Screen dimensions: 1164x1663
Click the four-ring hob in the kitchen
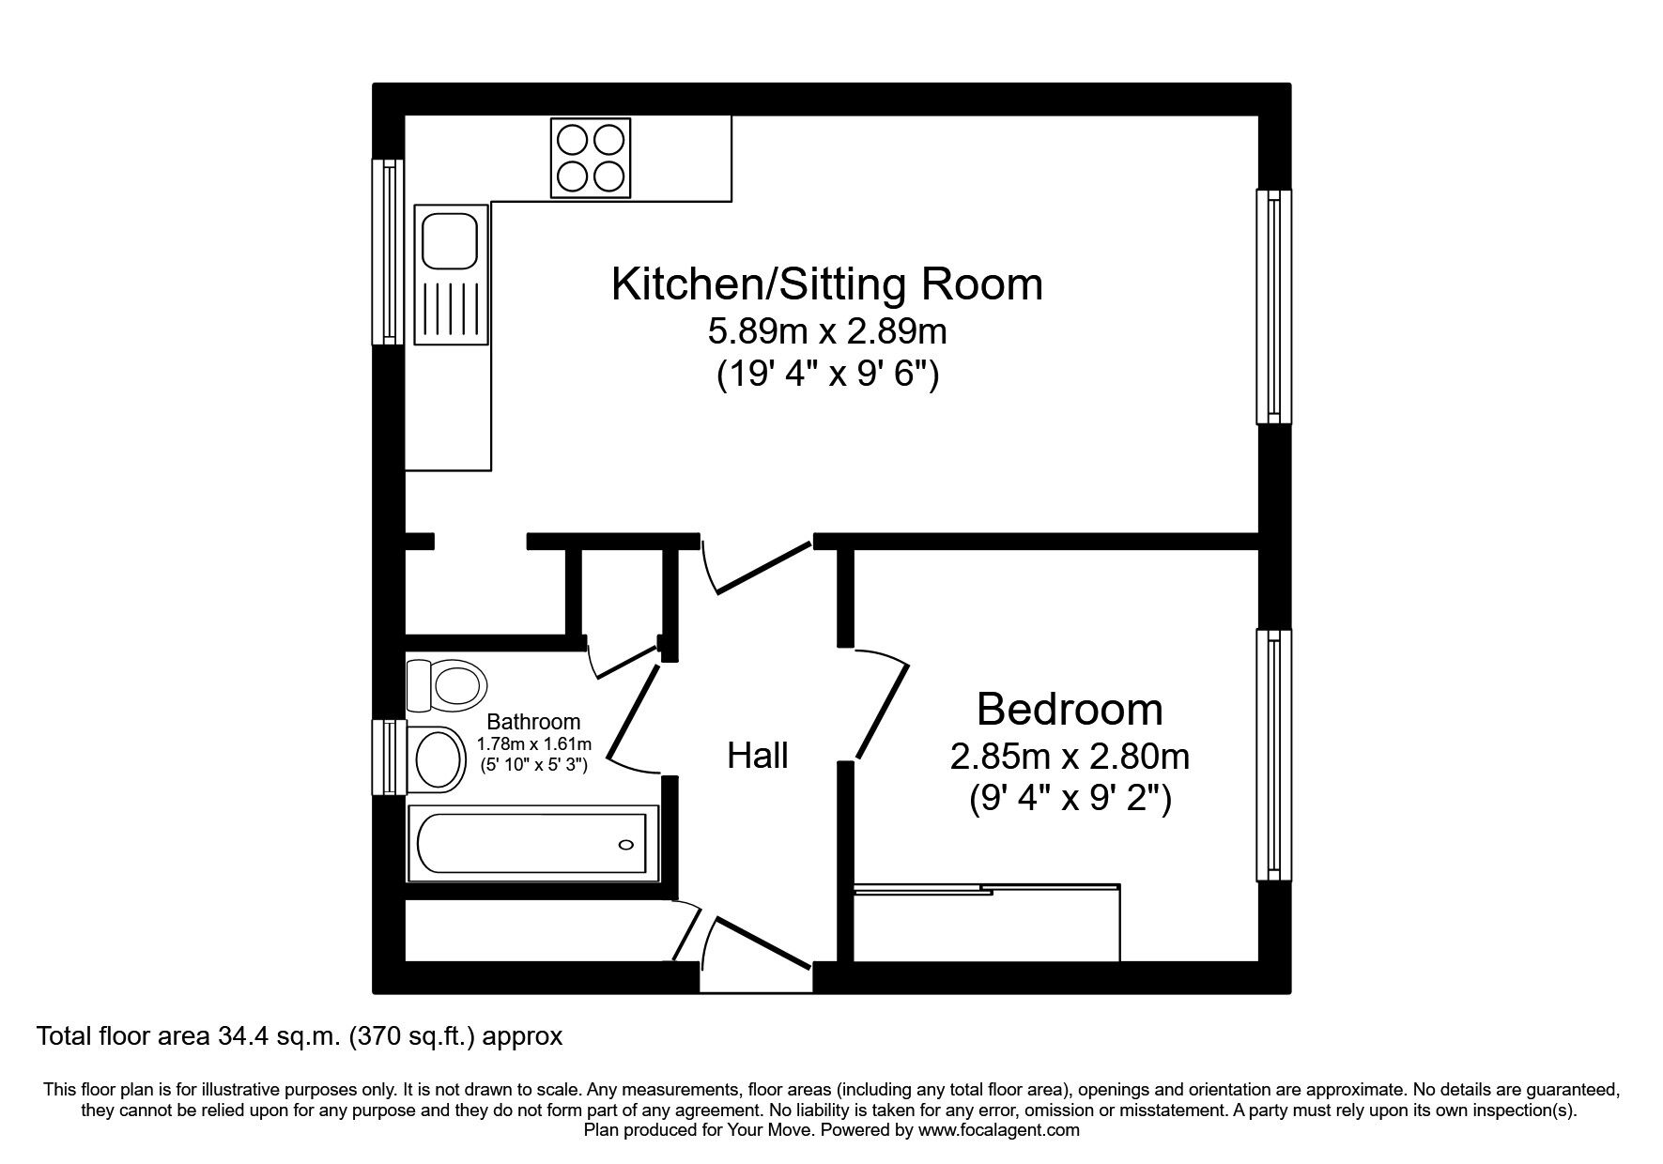(x=591, y=158)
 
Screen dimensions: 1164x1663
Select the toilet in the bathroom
(x=448, y=684)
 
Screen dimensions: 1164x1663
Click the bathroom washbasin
(x=438, y=759)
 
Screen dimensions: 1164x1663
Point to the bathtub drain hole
(x=626, y=845)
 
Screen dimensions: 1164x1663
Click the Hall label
(x=757, y=756)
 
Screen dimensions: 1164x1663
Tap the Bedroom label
(x=1070, y=709)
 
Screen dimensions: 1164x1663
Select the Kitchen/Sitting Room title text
(x=826, y=284)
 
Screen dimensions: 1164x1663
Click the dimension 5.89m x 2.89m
(x=826, y=331)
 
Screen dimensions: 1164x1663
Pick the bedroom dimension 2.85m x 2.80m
(x=1070, y=757)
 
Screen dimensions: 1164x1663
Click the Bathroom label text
(x=533, y=722)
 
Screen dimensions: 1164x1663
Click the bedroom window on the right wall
(x=1273, y=755)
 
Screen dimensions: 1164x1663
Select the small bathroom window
(x=388, y=758)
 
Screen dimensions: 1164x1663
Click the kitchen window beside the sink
(x=388, y=251)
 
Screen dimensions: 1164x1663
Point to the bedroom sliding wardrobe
(x=986, y=924)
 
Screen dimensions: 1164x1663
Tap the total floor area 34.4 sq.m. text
(x=299, y=1036)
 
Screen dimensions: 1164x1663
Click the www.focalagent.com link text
(x=998, y=1130)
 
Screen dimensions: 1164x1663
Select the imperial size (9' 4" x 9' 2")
(x=1070, y=799)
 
